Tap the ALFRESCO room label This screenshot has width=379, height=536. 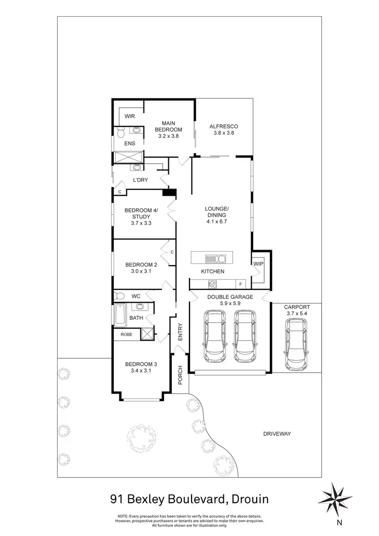[223, 126]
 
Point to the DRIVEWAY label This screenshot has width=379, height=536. [277, 433]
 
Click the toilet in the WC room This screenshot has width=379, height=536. [119, 296]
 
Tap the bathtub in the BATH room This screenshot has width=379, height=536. [120, 314]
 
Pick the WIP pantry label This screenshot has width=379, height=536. [258, 264]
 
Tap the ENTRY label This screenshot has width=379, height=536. [179, 332]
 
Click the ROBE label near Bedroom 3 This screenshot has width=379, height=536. [126, 334]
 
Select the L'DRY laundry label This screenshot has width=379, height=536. [140, 180]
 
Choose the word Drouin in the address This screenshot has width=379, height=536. [248, 500]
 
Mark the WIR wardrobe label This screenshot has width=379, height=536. [130, 116]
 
